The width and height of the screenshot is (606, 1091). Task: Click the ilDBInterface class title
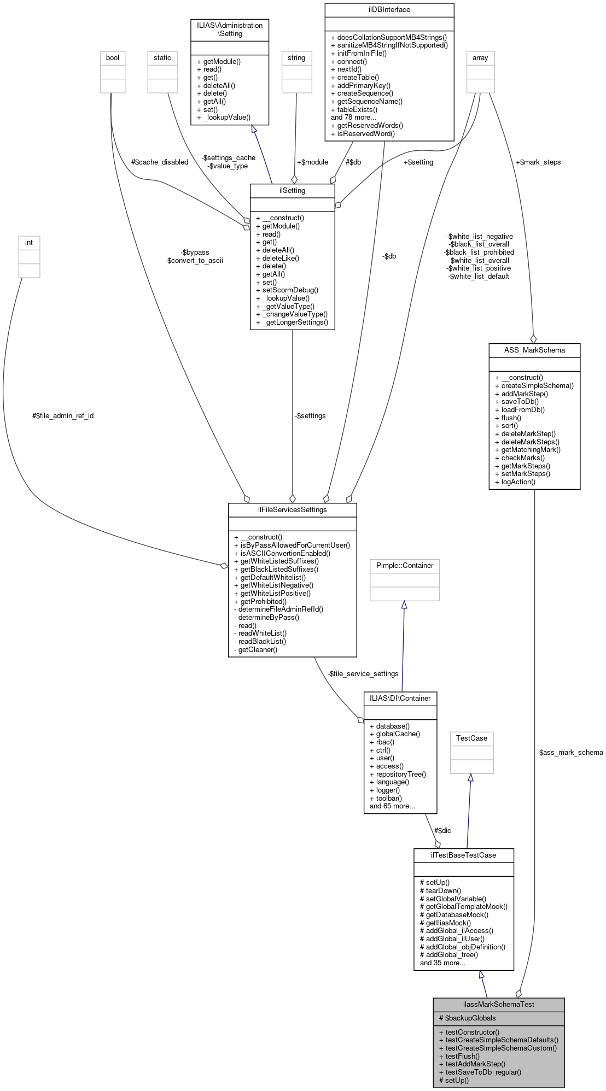[389, 10]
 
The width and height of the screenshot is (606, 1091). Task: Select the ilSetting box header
[292, 190]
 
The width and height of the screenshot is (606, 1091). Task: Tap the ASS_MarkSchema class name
[534, 350]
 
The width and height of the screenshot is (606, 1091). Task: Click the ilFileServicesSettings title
[292, 509]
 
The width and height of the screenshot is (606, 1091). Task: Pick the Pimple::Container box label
[404, 565]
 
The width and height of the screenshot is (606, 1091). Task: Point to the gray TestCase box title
[471, 738]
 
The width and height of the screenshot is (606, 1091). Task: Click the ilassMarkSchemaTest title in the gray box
[498, 1004]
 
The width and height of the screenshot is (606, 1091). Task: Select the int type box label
[29, 242]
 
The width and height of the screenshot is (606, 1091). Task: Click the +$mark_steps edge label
[538, 162]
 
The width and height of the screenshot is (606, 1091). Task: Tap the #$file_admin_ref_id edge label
[63, 415]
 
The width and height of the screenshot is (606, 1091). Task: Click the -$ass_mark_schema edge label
[569, 752]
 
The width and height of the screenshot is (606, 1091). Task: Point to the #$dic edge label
[442, 830]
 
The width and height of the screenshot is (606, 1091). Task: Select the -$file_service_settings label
[363, 673]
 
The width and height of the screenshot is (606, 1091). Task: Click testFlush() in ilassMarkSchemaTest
[462, 1056]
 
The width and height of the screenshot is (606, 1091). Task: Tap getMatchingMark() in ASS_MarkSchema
[531, 450]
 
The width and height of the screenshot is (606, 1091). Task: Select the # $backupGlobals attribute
[468, 1018]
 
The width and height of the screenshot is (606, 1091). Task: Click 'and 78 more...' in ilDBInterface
[353, 118]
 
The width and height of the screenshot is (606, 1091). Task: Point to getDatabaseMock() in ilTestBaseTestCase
[454, 914]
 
